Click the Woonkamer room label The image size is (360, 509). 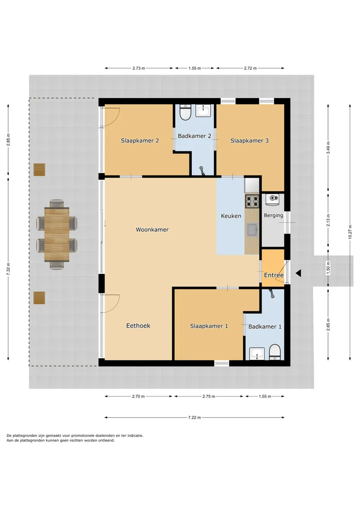pyautogui.click(x=152, y=230)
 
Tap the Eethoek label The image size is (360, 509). pyautogui.click(x=138, y=325)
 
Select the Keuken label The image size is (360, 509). pyautogui.click(x=231, y=216)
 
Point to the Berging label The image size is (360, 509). pyautogui.click(x=273, y=215)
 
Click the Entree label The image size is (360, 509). pyautogui.click(x=274, y=275)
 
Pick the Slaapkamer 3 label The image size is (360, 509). pyautogui.click(x=249, y=140)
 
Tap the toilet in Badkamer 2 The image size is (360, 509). pyautogui.click(x=185, y=113)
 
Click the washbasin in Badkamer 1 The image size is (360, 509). pyautogui.click(x=257, y=353)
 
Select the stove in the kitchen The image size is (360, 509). pyautogui.click(x=252, y=201)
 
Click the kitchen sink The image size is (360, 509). pyautogui.click(x=252, y=230)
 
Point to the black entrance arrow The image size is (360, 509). pyautogui.click(x=298, y=273)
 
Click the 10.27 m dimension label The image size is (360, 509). pyautogui.click(x=350, y=232)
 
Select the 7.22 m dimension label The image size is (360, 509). pyautogui.click(x=194, y=418)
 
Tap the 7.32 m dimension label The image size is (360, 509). pyautogui.click(x=8, y=269)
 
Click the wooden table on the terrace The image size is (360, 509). pyautogui.click(x=57, y=234)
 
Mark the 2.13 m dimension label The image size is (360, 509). pyautogui.click(x=328, y=220)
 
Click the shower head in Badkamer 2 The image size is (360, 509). pyautogui.click(x=202, y=171)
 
